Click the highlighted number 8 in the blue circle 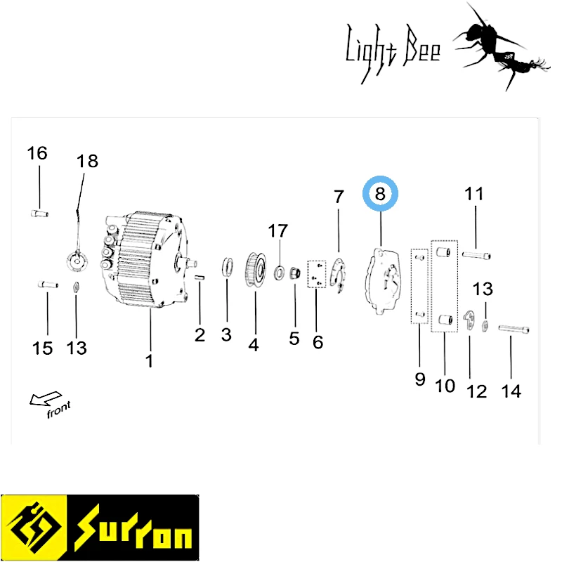coord(380,194)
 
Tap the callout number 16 coord(37,153)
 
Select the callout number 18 coord(87,161)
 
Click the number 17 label coord(277,231)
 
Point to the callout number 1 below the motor coord(150,361)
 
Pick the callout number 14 coord(511,391)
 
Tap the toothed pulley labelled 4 coord(256,270)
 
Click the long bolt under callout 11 coord(476,255)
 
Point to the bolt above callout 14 coord(514,329)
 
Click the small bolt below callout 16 coord(39,214)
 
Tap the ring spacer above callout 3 coord(227,267)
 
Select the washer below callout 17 coord(279,273)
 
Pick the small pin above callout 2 coord(200,277)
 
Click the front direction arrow coord(45,398)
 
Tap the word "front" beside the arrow coord(59,410)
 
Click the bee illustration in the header coord(502,46)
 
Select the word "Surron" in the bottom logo coord(133,528)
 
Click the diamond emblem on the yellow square coord(34,528)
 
